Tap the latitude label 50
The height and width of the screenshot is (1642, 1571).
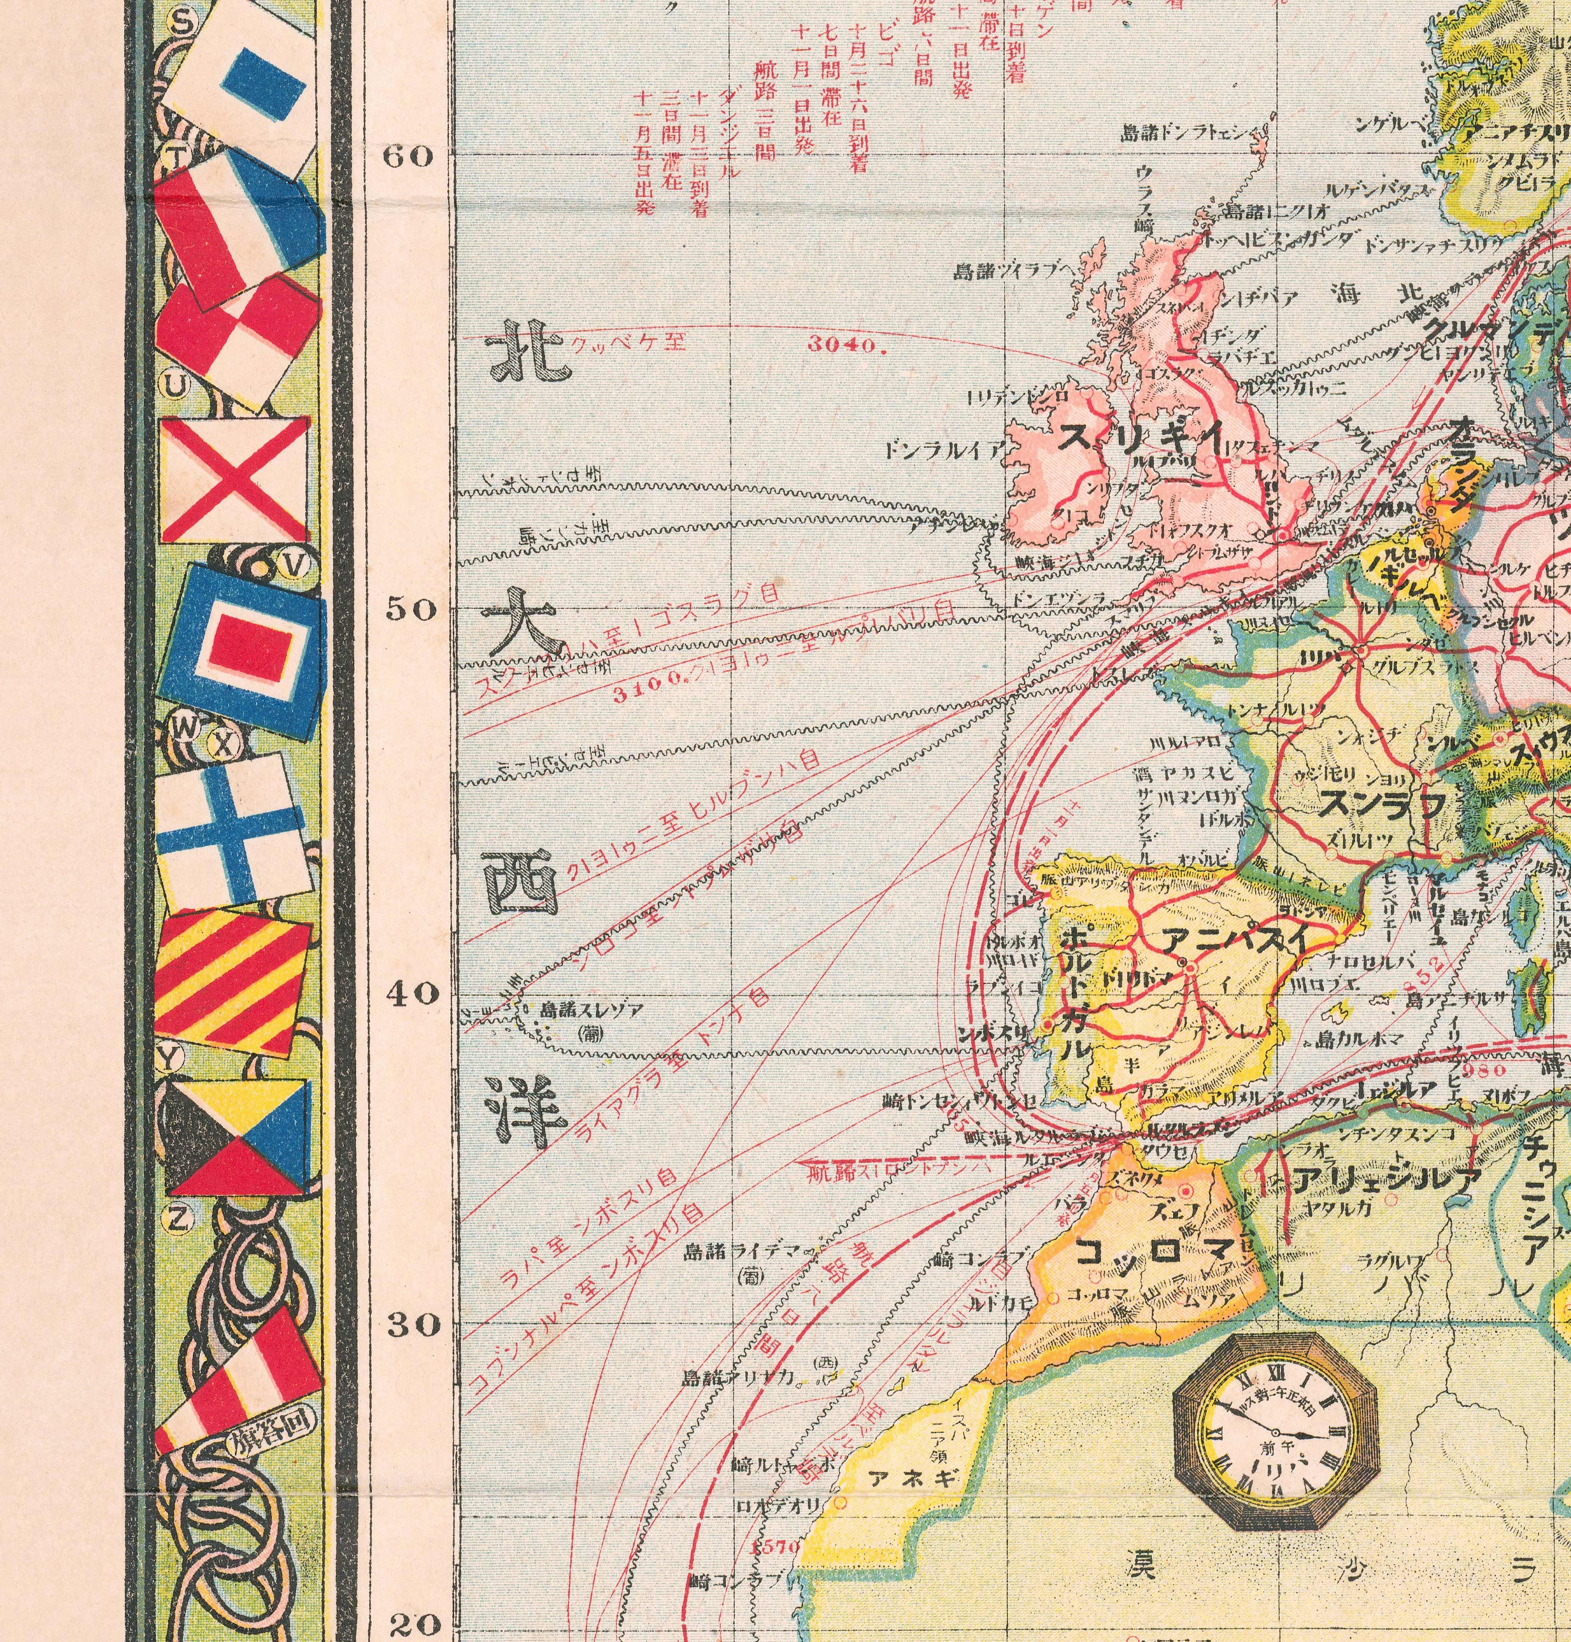point(410,609)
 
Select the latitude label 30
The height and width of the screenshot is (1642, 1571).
point(411,1326)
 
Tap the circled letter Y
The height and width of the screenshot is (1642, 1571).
point(171,1059)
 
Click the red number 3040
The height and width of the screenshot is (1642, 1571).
point(847,344)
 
